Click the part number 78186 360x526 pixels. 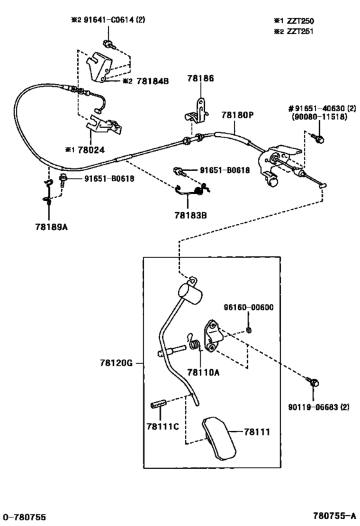(201, 78)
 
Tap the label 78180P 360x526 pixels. (237, 115)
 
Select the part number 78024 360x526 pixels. (91, 150)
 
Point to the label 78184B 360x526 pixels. (152, 81)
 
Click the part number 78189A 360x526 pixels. (51, 227)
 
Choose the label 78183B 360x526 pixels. (190, 215)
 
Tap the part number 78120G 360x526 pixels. (116, 363)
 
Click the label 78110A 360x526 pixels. (203, 372)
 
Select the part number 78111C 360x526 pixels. (163, 426)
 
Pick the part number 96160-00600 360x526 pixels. (249, 307)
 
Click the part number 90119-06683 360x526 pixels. (314, 407)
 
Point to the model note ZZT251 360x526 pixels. (300, 31)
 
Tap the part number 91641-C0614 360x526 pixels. (109, 20)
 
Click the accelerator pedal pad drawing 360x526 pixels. (219, 438)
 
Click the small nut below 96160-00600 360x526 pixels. (249, 330)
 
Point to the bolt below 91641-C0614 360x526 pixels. (109, 44)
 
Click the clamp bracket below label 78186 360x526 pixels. (197, 110)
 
